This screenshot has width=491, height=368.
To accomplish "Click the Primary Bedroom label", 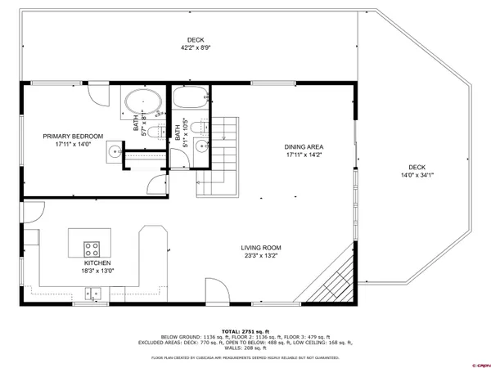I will tap(74, 136).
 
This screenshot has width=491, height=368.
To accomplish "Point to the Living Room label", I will tap(261, 248).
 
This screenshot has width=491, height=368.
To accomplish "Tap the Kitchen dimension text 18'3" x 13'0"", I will tap(97, 270).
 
